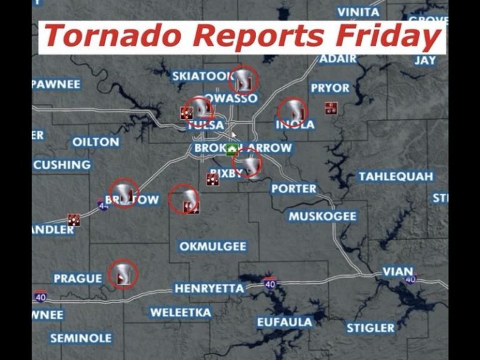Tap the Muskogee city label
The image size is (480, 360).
322,216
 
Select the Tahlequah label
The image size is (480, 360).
396,176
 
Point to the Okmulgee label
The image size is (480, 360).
212,246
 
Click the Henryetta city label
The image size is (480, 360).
209,288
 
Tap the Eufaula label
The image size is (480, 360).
285,322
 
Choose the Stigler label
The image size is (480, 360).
371,327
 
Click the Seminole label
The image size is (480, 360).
81,338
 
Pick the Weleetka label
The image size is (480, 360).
180,312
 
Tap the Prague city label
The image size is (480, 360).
77,278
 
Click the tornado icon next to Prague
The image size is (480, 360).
122,274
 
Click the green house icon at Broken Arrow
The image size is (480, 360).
232,149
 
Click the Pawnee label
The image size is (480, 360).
56,84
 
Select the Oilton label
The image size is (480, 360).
96,142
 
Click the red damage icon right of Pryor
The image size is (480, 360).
331,107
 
